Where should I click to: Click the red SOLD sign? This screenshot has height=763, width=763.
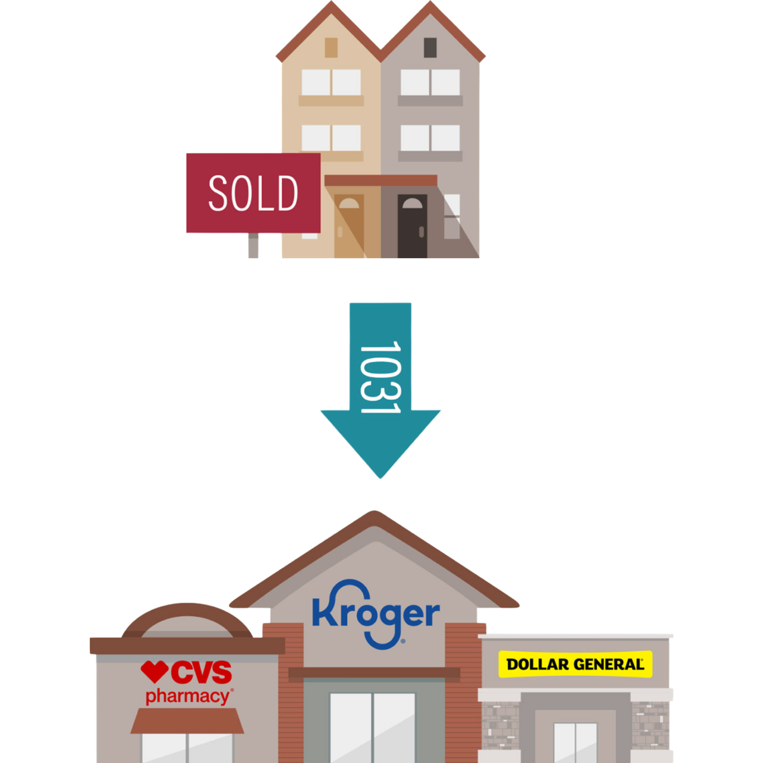253,193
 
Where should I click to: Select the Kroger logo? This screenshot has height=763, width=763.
376,616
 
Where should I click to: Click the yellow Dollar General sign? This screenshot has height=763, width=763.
575,664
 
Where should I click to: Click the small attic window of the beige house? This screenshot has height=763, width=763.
331,48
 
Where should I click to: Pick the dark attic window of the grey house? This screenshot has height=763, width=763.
430,48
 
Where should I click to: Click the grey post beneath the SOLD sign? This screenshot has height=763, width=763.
253,245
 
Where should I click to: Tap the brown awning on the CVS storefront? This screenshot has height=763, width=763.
187,721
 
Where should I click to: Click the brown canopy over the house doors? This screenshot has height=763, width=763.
380,180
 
